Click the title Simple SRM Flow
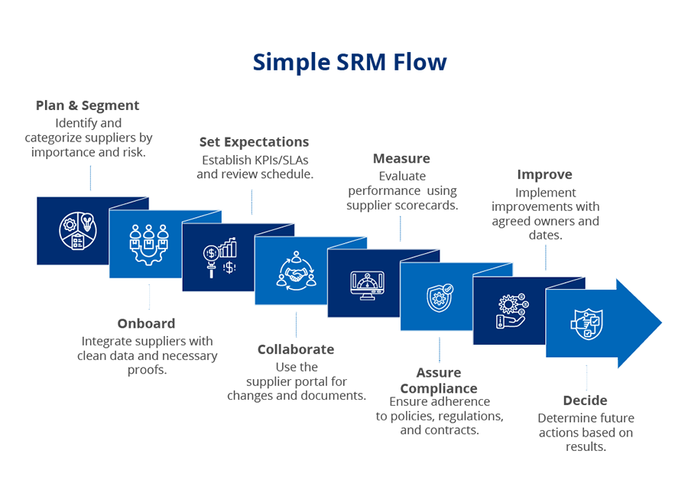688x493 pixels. [x=349, y=62]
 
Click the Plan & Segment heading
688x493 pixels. [x=88, y=105]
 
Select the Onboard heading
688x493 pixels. [x=146, y=323]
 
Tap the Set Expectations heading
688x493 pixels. [x=254, y=142]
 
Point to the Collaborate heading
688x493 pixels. [x=296, y=349]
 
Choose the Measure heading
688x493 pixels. [x=401, y=159]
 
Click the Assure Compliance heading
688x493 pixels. [x=439, y=381]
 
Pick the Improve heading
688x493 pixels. [x=544, y=175]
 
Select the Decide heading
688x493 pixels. [x=585, y=401]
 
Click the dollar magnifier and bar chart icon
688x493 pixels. [x=220, y=258]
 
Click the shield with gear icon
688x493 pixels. [x=440, y=298]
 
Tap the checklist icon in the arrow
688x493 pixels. [x=586, y=323]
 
